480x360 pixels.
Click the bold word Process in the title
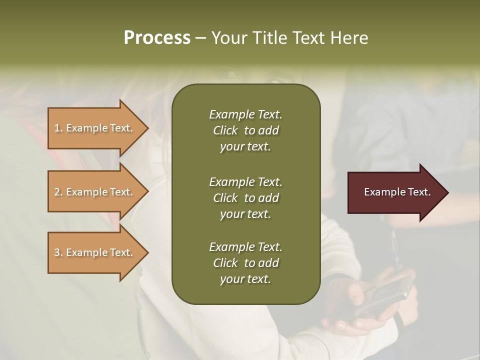point(157,38)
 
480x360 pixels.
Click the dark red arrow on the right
point(395,192)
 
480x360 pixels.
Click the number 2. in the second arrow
point(58,192)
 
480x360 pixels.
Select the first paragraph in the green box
point(245,130)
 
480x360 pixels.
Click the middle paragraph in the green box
point(245,198)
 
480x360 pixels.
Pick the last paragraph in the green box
point(245,263)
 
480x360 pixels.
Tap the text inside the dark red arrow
point(397,192)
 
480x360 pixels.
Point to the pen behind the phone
point(395,250)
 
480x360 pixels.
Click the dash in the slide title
point(201,38)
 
